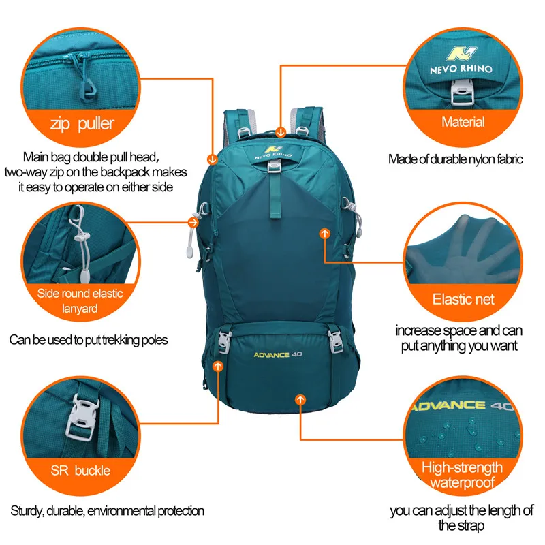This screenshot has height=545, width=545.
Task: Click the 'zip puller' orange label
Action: (81, 124)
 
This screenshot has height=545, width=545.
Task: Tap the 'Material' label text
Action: (463, 123)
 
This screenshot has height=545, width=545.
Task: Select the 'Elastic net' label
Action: (463, 299)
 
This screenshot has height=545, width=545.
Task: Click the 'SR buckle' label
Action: (80, 470)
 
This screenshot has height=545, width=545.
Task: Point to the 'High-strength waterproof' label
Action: (462, 476)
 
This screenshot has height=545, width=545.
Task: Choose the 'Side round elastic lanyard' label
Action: (80, 300)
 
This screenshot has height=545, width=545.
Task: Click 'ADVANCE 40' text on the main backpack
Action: (277, 355)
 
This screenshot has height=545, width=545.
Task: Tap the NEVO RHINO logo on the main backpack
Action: (272, 150)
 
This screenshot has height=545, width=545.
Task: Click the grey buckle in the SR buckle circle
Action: (80, 417)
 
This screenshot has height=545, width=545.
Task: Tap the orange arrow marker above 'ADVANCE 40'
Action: (218, 367)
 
